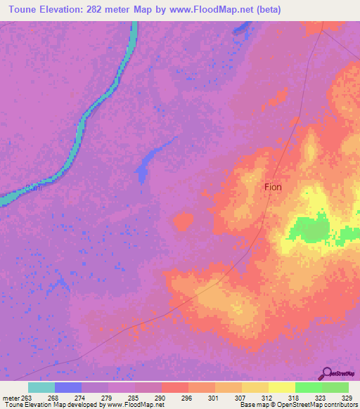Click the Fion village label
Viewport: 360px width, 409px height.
[x=273, y=187]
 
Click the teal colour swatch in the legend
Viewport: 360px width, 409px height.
[x=41, y=387]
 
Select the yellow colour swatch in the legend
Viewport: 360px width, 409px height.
[x=281, y=387]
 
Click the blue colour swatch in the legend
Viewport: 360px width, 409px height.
[x=68, y=387]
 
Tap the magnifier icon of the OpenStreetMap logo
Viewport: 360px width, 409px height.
[x=326, y=372]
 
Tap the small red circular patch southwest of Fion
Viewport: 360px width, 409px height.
[x=184, y=223]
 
